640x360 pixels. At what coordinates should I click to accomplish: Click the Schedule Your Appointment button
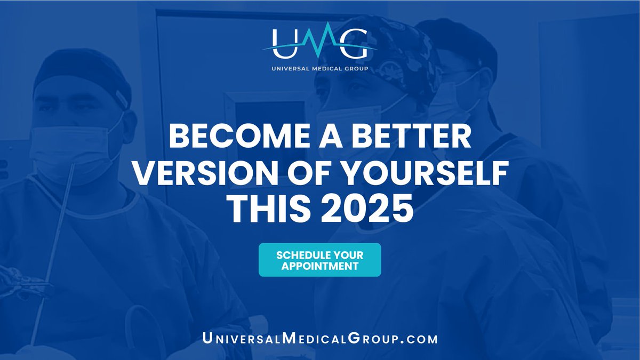[319, 260]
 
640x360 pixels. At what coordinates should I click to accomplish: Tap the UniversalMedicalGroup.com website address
[319, 338]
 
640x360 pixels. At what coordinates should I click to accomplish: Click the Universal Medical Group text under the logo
[319, 68]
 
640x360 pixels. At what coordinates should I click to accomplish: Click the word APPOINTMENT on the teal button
[319, 266]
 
